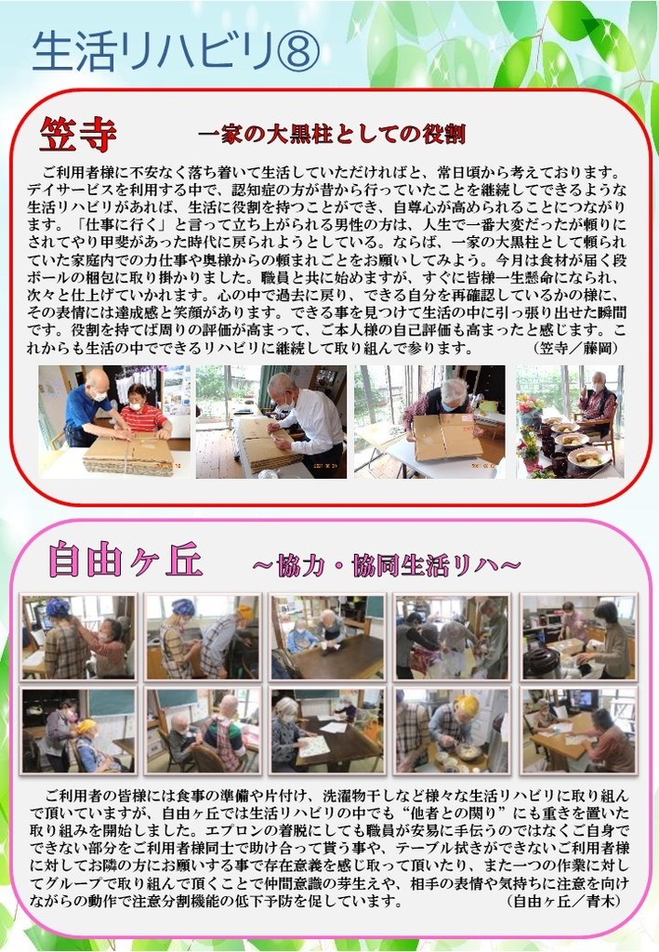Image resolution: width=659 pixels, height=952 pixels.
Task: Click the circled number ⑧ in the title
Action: (298, 51)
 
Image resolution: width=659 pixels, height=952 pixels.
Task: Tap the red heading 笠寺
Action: (78, 134)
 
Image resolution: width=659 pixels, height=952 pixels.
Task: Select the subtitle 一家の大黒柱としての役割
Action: (331, 134)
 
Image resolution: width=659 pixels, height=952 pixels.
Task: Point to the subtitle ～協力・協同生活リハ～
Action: (386, 565)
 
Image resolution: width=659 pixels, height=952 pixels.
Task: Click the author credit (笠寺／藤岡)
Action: (575, 348)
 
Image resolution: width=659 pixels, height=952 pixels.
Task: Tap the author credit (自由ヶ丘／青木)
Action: (564, 900)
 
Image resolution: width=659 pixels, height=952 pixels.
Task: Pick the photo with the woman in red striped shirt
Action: (114, 421)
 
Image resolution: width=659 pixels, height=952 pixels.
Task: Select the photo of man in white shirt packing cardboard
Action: (271, 421)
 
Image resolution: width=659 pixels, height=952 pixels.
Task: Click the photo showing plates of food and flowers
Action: (570, 421)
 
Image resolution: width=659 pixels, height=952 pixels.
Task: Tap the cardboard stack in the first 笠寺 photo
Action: (128, 454)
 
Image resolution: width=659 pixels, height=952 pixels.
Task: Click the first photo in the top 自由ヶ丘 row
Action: (78, 637)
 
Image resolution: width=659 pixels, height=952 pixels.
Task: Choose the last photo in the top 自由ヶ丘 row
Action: (579, 637)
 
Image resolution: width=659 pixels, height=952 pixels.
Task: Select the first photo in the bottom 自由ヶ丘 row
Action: (78, 731)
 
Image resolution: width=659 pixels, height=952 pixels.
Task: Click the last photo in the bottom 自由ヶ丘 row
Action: (579, 731)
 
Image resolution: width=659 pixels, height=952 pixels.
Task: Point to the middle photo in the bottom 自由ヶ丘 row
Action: (327, 731)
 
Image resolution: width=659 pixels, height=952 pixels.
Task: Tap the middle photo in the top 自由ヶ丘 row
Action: (327, 637)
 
